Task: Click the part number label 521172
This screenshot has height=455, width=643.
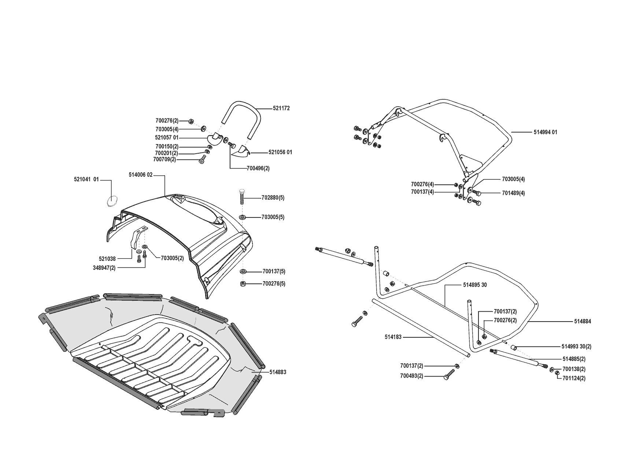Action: tap(281, 108)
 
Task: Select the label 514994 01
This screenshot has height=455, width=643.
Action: tap(545, 132)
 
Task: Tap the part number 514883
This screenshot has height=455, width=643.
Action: tap(278, 372)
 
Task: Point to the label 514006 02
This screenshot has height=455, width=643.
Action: tap(140, 175)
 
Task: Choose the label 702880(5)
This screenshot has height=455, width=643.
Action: tap(273, 198)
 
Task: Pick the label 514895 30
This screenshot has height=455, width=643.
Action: tap(475, 285)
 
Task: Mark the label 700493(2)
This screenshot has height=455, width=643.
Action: tap(411, 376)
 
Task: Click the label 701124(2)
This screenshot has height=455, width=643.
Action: tap(574, 378)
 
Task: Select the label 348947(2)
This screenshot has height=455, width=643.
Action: tap(104, 268)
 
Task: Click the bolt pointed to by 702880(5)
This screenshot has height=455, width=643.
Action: tap(241, 197)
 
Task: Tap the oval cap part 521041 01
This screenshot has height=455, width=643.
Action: tap(112, 201)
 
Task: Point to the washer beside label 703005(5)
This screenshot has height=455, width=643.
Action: tap(242, 217)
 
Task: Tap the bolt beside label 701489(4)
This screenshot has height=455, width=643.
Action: tap(477, 192)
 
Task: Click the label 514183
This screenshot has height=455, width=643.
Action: tap(393, 337)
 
